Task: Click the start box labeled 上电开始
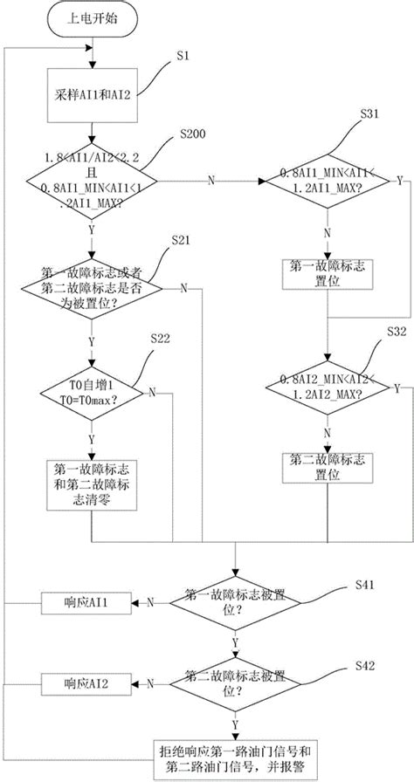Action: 93,20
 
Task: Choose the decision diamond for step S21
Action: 92,287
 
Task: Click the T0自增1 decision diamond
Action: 92,390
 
